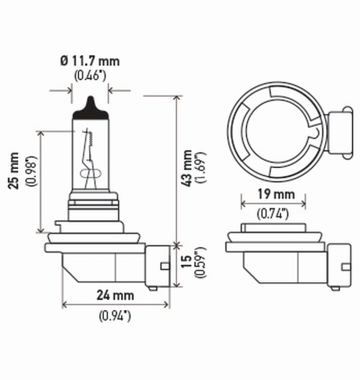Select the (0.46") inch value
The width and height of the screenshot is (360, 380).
pyautogui.click(x=90, y=76)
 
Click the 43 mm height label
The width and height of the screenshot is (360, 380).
pyautogui.click(x=187, y=168)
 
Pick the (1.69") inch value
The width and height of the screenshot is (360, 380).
pyautogui.click(x=201, y=168)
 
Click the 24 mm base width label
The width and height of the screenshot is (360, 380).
pyautogui.click(x=115, y=295)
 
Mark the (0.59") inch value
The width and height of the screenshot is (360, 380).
pyautogui.click(x=201, y=266)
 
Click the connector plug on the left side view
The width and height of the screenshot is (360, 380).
pyautogui.click(x=157, y=265)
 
